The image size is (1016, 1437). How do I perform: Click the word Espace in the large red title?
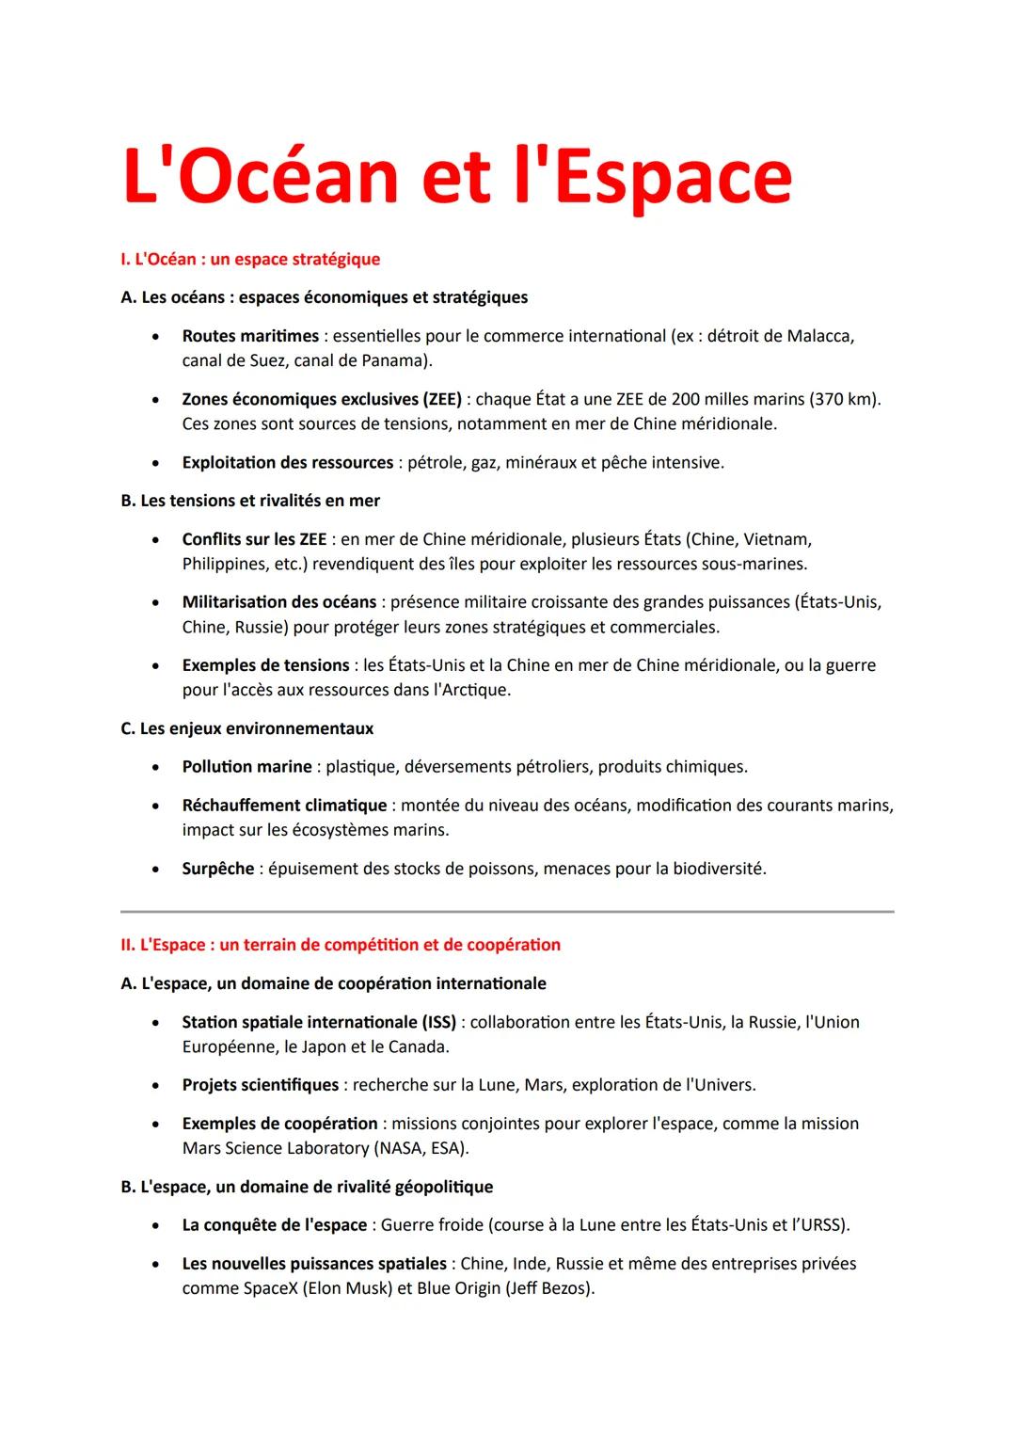click(674, 177)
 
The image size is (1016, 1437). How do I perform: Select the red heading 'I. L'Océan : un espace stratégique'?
click(250, 259)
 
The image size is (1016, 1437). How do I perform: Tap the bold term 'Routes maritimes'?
click(250, 336)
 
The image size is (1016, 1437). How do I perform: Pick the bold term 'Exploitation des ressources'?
click(287, 462)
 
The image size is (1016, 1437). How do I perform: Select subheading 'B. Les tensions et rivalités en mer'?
click(250, 501)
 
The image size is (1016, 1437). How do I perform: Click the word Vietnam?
click(777, 539)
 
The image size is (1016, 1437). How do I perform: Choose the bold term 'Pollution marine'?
click(246, 767)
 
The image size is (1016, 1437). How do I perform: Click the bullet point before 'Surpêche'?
click(154, 870)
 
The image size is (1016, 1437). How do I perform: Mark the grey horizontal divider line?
click(507, 911)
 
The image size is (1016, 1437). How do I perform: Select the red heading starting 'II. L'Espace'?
click(341, 945)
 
